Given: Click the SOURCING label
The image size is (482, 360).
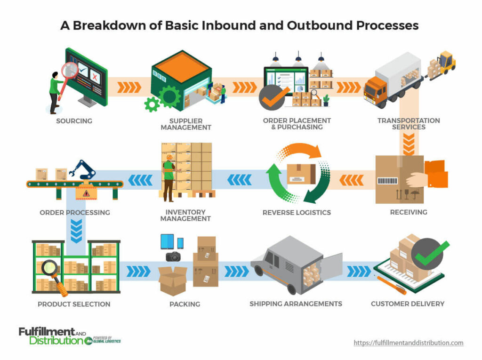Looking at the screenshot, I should [x=74, y=121].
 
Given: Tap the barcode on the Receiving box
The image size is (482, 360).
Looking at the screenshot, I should [x=387, y=181].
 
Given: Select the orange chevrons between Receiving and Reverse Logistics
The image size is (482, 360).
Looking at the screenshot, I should [x=351, y=179].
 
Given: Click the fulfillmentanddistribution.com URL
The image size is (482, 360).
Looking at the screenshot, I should [x=408, y=343].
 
